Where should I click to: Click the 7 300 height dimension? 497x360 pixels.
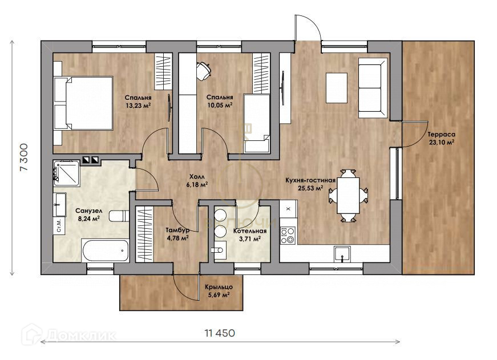(24, 157)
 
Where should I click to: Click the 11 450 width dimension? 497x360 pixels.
(220, 333)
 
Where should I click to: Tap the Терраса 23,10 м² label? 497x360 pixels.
(442, 138)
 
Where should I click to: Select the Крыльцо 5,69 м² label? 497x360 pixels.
(219, 291)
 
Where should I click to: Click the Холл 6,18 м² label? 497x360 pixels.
(197, 180)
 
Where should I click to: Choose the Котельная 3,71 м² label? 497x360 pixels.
(250, 235)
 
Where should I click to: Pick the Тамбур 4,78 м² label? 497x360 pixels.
(178, 233)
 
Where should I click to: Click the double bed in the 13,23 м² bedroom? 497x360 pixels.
(84, 103)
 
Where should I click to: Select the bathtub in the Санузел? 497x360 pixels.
(105, 250)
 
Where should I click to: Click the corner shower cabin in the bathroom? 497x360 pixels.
(67, 173)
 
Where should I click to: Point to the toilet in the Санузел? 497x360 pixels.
(119, 216)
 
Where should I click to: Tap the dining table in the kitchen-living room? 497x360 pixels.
(348, 195)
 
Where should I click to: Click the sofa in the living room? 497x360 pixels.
(373, 88)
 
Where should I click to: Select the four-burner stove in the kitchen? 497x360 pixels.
(288, 236)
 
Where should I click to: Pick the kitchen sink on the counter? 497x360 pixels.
(342, 254)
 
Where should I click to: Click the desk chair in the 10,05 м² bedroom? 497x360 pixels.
(203, 71)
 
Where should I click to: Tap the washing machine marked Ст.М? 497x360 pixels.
(59, 225)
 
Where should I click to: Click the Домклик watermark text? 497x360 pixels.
(82, 335)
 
